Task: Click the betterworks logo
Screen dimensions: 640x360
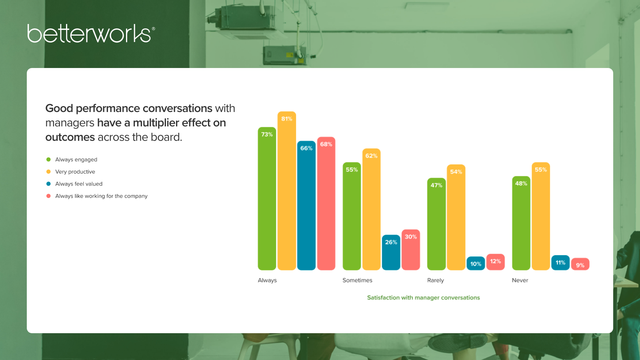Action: [x=91, y=34]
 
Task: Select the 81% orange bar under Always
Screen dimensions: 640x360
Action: [x=286, y=190]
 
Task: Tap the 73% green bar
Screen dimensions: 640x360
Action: [x=267, y=198]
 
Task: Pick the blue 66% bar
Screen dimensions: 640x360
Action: [x=306, y=206]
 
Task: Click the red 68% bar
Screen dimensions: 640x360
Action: [x=326, y=204]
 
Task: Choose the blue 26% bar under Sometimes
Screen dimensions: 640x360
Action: [x=391, y=252]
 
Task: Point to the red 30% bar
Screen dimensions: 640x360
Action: [x=410, y=250]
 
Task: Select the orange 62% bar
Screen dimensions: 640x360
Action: [x=372, y=209]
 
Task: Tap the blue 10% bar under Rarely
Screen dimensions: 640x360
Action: [x=476, y=263]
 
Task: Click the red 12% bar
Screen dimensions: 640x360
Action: [x=496, y=262]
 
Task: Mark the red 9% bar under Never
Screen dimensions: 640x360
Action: [x=580, y=264]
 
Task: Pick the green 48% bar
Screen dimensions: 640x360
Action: [x=521, y=223]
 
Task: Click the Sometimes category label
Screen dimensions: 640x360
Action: [x=357, y=280]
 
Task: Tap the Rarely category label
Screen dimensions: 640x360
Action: [x=436, y=280]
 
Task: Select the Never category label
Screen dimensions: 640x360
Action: [x=520, y=280]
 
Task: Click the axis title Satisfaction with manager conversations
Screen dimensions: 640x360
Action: [x=424, y=298]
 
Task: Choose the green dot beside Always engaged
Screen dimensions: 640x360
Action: [x=48, y=160]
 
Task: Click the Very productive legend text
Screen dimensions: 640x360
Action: [x=75, y=172]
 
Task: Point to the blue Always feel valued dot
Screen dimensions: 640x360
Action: [x=48, y=184]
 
